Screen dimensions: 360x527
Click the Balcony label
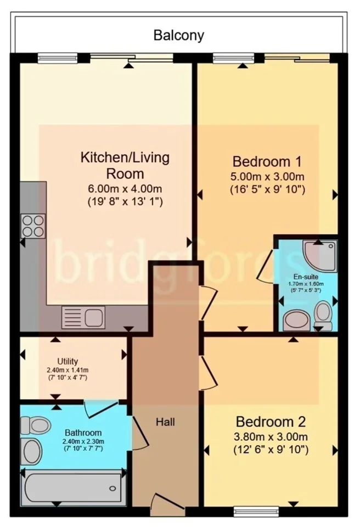[179, 35]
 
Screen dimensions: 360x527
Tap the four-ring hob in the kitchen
[33, 226]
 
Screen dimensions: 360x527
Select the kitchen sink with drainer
[83, 317]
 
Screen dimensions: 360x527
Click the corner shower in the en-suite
[319, 255]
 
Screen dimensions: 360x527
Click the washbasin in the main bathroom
[31, 451]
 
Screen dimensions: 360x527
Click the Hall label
[165, 422]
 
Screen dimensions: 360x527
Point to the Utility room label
[67, 361]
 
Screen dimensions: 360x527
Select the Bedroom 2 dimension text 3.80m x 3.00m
[271, 436]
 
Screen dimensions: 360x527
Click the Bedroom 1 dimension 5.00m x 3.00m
[267, 176]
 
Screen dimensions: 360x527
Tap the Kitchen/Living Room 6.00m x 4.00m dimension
[125, 188]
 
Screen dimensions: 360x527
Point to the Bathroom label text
[83, 433]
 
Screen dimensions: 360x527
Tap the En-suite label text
[306, 277]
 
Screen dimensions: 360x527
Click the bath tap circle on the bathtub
[113, 489]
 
